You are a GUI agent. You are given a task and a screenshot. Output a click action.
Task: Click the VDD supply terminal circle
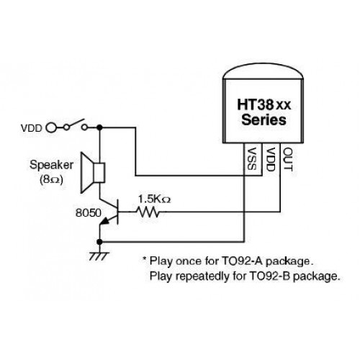[x=51, y=127]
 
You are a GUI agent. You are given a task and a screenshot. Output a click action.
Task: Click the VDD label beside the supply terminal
[x=32, y=128]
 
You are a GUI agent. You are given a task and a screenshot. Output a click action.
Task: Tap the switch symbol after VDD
[x=75, y=125]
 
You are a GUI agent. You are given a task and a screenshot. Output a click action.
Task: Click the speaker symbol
[x=93, y=173]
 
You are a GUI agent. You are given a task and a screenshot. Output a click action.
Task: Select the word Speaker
[x=51, y=166]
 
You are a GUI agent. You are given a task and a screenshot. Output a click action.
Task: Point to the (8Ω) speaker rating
[x=51, y=179]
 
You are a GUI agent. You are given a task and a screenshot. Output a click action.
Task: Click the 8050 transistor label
[x=89, y=213]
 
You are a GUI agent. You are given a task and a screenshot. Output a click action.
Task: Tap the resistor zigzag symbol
[x=148, y=212]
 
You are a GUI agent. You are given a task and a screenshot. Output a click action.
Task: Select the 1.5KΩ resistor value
[x=154, y=199]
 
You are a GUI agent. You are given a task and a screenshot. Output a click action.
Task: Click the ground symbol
[x=99, y=256]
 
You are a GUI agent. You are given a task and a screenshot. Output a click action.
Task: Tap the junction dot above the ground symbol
[x=99, y=242]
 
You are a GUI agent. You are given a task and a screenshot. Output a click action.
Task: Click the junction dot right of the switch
[x=99, y=127]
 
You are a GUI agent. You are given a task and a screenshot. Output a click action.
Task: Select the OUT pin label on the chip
[x=288, y=159]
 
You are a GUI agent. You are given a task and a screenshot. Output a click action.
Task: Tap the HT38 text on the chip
[x=256, y=104]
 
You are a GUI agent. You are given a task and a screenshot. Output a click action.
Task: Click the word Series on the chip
[x=264, y=120]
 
